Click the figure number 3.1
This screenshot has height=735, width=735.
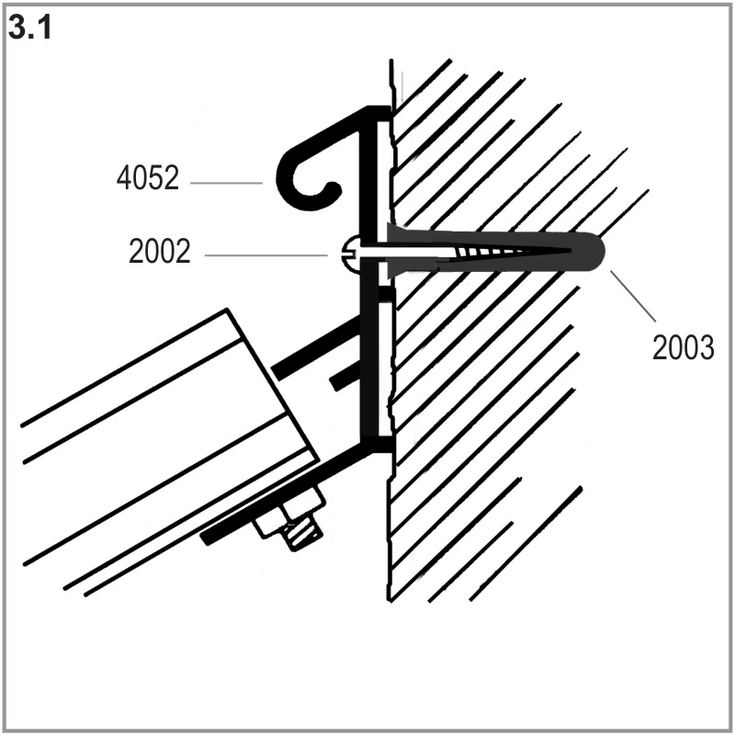[30, 28]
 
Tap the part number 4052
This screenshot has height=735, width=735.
[148, 178]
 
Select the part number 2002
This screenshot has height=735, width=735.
[160, 251]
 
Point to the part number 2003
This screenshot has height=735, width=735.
[683, 347]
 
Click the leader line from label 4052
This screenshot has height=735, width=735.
[226, 183]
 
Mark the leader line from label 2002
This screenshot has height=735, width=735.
[266, 255]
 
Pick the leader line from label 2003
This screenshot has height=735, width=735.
[633, 296]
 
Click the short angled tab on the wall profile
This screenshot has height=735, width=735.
[345, 379]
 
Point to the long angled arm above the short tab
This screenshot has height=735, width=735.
[316, 347]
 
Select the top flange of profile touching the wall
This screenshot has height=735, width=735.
[379, 112]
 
